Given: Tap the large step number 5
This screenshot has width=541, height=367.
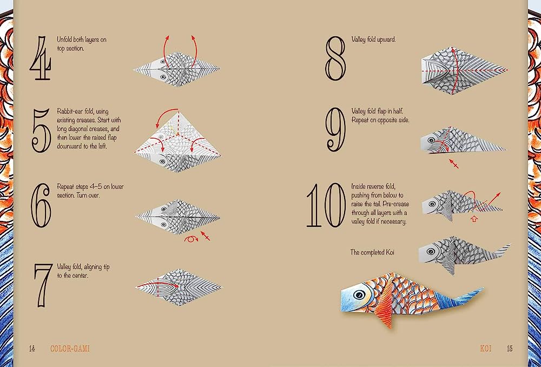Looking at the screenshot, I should [41, 130].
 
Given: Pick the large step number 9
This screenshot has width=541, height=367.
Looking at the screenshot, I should [335, 130].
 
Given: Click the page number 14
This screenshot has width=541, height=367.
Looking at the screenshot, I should [32, 349].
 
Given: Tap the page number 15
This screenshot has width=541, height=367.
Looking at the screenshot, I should [509, 349].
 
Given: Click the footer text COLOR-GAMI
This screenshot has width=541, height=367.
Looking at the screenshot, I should [69, 349].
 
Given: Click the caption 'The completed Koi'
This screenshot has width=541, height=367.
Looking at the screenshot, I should [374, 252].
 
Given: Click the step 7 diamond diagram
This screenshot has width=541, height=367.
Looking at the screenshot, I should [177, 285].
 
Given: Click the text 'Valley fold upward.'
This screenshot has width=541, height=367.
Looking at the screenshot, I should [373, 40].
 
